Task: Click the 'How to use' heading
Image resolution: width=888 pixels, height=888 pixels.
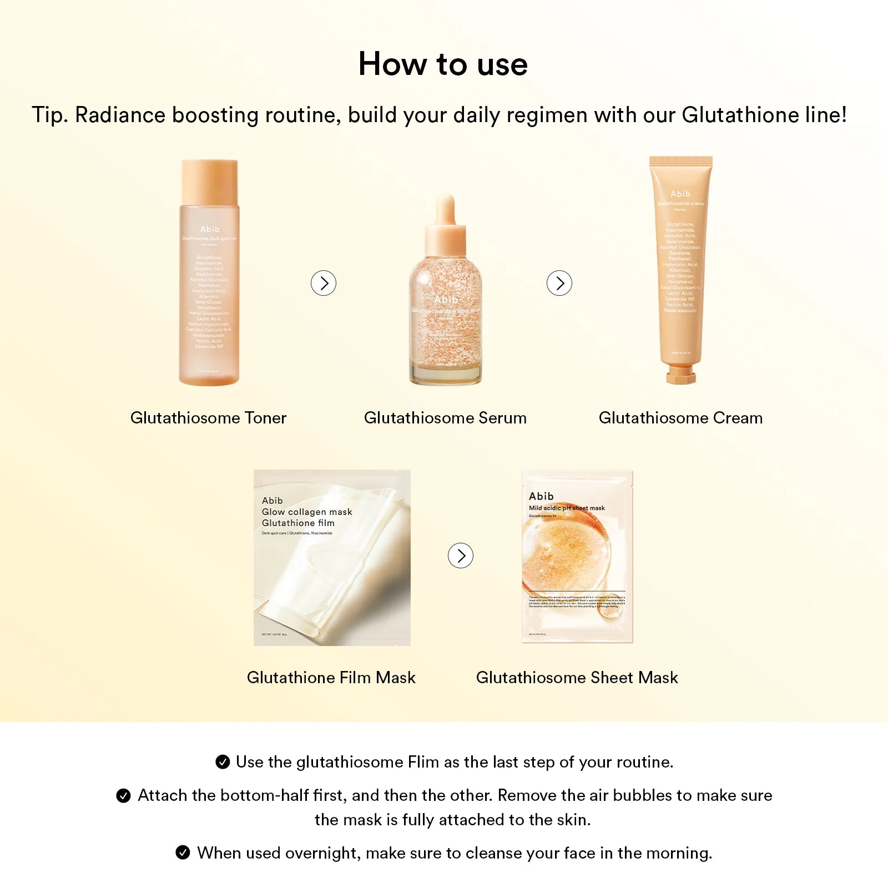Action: (x=443, y=64)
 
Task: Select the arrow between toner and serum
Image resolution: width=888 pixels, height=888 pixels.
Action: (x=324, y=283)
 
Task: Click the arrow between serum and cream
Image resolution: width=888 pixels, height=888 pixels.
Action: (x=559, y=283)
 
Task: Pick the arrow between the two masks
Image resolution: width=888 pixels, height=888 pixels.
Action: (x=461, y=556)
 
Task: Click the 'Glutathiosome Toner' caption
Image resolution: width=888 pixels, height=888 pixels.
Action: (x=208, y=418)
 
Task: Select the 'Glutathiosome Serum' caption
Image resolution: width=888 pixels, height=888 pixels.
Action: (x=445, y=418)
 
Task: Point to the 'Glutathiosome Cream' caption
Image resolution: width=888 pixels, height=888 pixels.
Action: (x=680, y=418)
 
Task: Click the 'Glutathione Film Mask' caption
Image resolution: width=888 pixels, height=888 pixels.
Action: (x=331, y=678)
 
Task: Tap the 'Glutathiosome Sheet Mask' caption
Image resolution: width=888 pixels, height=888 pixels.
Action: (x=577, y=678)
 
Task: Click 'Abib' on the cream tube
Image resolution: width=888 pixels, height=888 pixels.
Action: (x=680, y=194)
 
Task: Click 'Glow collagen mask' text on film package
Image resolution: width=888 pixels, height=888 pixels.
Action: (x=307, y=512)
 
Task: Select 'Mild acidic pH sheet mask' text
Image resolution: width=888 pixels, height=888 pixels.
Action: (x=567, y=508)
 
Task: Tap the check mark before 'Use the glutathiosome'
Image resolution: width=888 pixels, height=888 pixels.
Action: (x=223, y=762)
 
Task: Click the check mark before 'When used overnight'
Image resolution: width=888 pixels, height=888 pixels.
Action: (x=183, y=852)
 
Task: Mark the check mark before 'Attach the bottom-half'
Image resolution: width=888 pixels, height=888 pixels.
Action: (x=123, y=796)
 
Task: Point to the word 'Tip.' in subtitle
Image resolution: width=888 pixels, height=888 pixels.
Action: (x=50, y=115)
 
